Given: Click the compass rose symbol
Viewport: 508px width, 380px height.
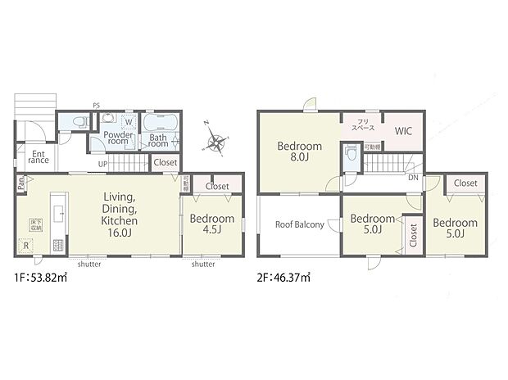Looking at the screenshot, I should coord(216,145).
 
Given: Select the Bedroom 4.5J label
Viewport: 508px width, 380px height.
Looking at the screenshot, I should coord(212,224).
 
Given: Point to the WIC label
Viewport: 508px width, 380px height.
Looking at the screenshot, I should coord(402,131).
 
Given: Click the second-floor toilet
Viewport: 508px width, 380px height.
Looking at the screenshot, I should coord(351,152).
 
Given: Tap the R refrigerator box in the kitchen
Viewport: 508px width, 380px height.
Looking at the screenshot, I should coord(27,243).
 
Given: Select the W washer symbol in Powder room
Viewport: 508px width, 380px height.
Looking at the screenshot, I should coord(129,124).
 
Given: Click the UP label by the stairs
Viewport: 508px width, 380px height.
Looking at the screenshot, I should coord(102,164).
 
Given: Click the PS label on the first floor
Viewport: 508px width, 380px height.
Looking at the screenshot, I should coord(96,106).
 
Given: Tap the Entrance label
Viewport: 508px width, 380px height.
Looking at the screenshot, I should coord(38,156).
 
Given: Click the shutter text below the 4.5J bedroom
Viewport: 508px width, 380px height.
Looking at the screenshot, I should coord(203,265).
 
